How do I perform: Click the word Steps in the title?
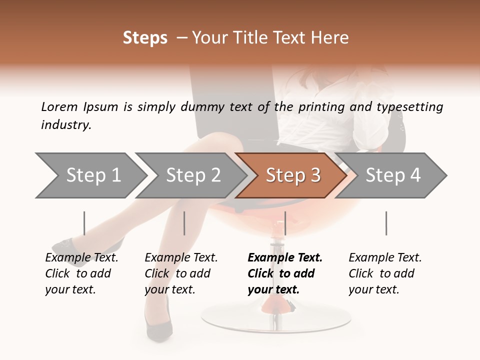point(145,38)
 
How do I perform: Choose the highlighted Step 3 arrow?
point(292,175)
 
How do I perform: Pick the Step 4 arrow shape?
point(392,175)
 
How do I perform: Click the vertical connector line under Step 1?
point(84,223)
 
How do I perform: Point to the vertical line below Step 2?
point(184,223)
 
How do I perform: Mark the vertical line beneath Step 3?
point(285,223)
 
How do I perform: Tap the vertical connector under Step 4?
point(386,223)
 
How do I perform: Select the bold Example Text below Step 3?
point(284,273)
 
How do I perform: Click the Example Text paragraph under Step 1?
point(81,273)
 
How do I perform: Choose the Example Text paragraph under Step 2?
point(181,273)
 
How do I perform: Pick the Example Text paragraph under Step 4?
point(385,273)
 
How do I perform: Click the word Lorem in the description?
point(59,106)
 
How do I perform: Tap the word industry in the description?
point(66,124)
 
